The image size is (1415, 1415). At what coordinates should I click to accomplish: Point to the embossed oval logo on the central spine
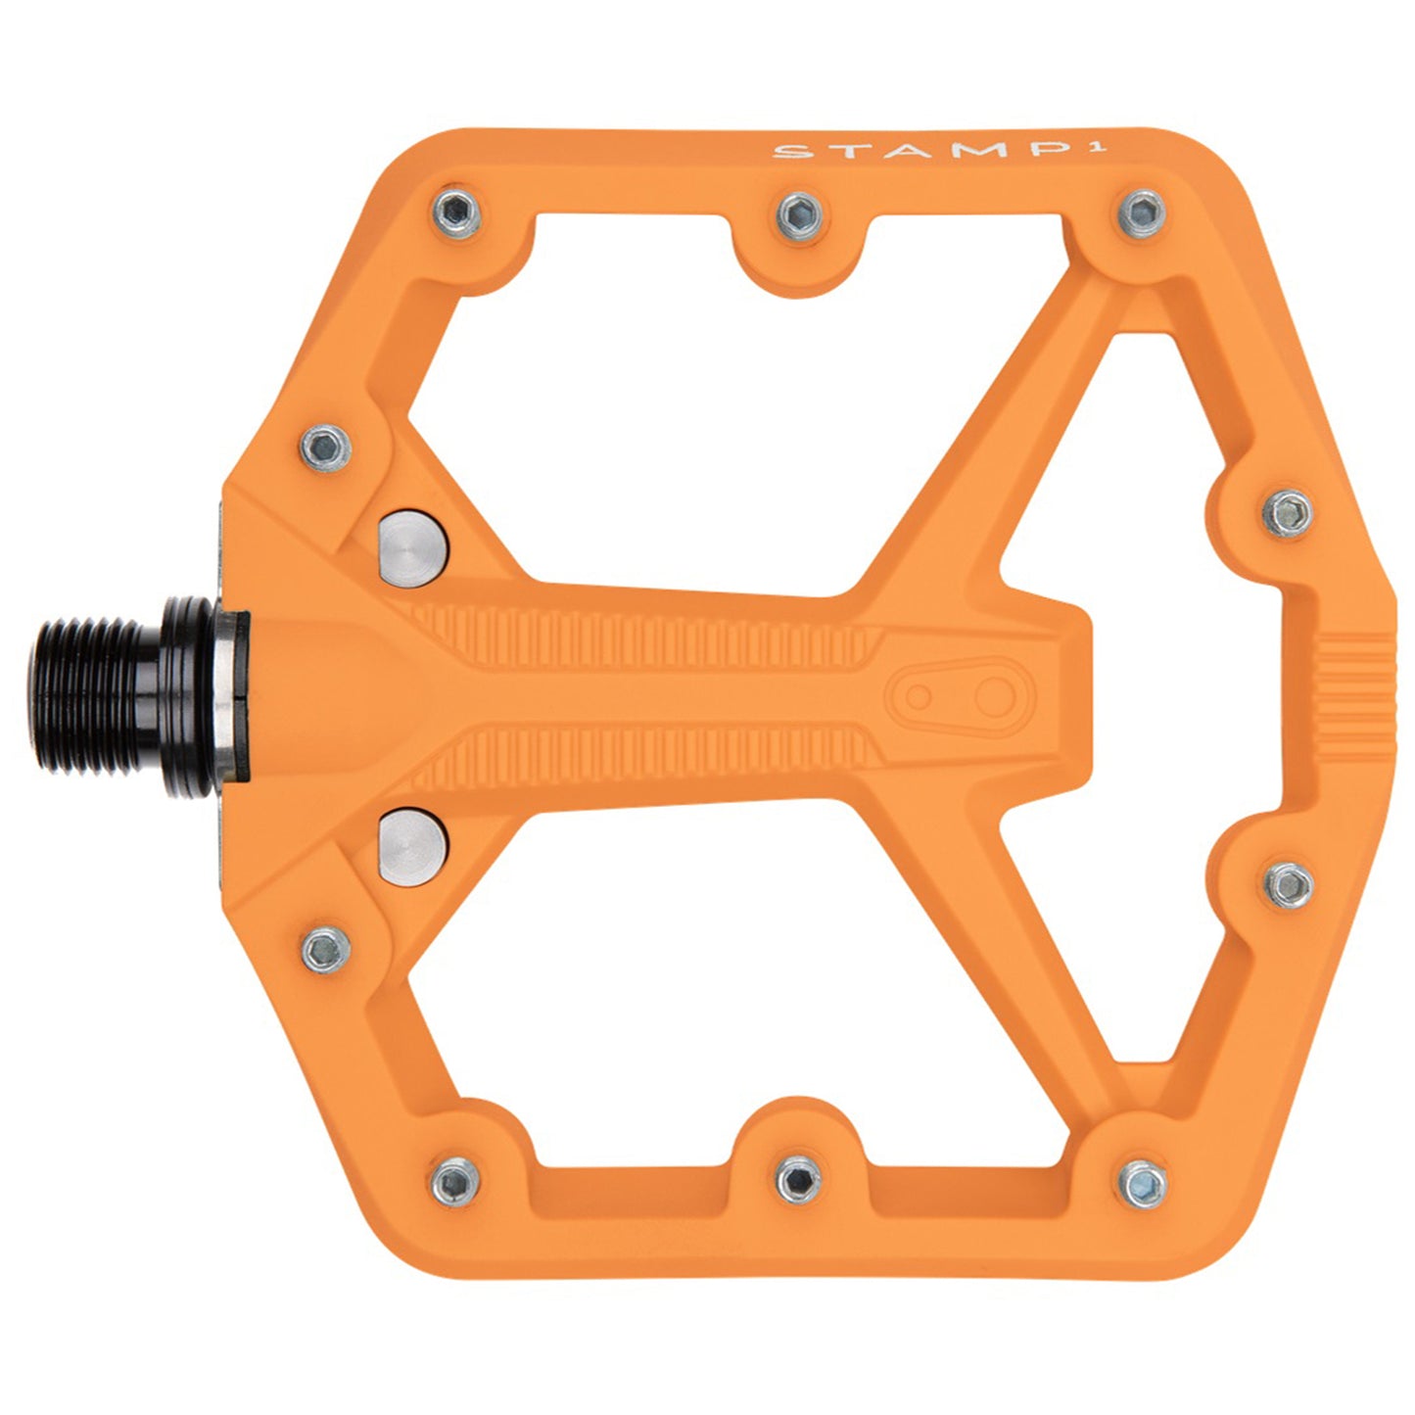[949, 695]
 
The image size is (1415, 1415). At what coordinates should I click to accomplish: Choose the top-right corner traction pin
[1143, 212]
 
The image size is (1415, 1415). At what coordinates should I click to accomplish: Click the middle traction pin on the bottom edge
[799, 1179]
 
